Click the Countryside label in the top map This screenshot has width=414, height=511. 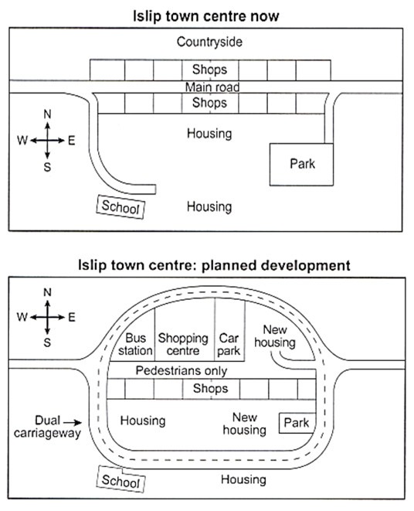(x=209, y=42)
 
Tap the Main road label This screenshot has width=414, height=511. (x=212, y=87)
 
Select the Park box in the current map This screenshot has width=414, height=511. (x=301, y=164)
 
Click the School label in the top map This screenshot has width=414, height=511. (x=120, y=207)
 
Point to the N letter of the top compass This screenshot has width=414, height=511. (x=48, y=114)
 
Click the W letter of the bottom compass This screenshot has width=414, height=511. (x=22, y=317)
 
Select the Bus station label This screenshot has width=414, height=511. (x=135, y=345)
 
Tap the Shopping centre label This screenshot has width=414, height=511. (x=183, y=345)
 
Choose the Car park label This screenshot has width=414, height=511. (x=229, y=345)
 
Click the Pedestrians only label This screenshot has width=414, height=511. (x=182, y=371)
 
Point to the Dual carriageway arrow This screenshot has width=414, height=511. (x=73, y=423)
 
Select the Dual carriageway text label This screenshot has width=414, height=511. (x=48, y=427)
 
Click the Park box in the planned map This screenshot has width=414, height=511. (x=297, y=423)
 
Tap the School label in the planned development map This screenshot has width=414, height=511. (x=120, y=481)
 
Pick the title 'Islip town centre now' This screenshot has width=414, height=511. (x=206, y=16)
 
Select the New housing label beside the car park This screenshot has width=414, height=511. (x=275, y=336)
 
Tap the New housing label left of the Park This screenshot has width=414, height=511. (x=245, y=424)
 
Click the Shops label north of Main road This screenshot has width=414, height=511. (x=209, y=70)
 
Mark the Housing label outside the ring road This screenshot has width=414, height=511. (x=243, y=480)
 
